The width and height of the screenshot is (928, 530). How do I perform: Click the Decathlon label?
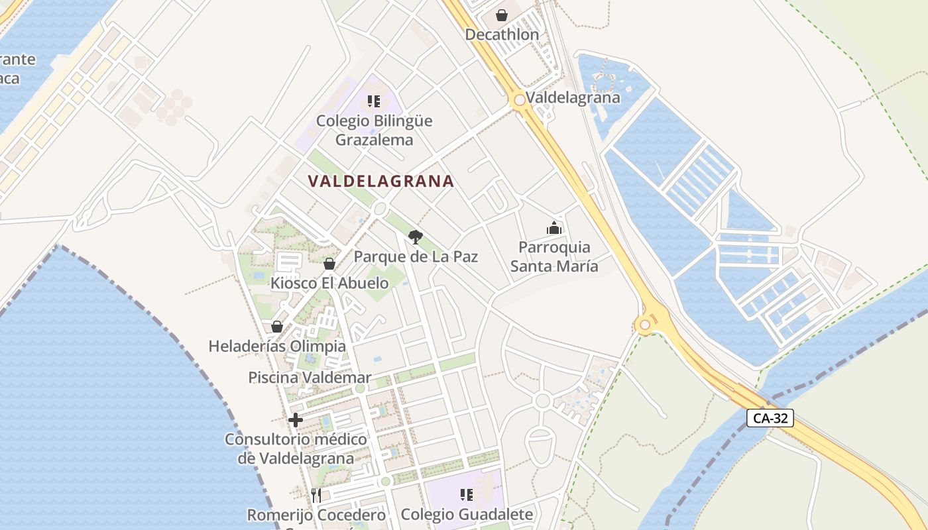502,34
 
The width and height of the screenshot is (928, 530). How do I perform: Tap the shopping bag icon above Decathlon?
502,15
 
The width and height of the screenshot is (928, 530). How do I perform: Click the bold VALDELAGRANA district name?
381,181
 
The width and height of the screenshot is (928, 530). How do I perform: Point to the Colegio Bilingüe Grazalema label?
374,131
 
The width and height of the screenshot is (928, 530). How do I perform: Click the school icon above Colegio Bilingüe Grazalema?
374,101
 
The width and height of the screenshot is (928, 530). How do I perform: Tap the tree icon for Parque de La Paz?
416,237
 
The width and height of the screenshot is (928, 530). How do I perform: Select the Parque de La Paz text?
416,256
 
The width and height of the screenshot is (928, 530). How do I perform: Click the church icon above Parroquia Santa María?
554,229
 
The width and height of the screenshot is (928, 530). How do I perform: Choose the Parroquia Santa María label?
554,256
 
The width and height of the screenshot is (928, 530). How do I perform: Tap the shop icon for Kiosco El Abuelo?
329,264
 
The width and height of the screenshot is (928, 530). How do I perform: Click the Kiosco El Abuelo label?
329,283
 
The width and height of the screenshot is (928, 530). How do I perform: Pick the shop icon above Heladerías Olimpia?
277,327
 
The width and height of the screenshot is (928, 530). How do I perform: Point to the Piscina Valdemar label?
310,378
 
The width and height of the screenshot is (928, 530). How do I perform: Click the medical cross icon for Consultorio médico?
296,420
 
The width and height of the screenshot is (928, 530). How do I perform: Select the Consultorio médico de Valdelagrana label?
296,449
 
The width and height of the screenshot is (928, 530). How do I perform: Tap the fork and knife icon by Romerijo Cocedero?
316,495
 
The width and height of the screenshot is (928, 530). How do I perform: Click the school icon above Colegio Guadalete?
467,495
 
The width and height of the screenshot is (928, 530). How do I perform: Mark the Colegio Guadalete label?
467,514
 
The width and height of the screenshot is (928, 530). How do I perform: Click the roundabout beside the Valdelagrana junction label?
520,100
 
